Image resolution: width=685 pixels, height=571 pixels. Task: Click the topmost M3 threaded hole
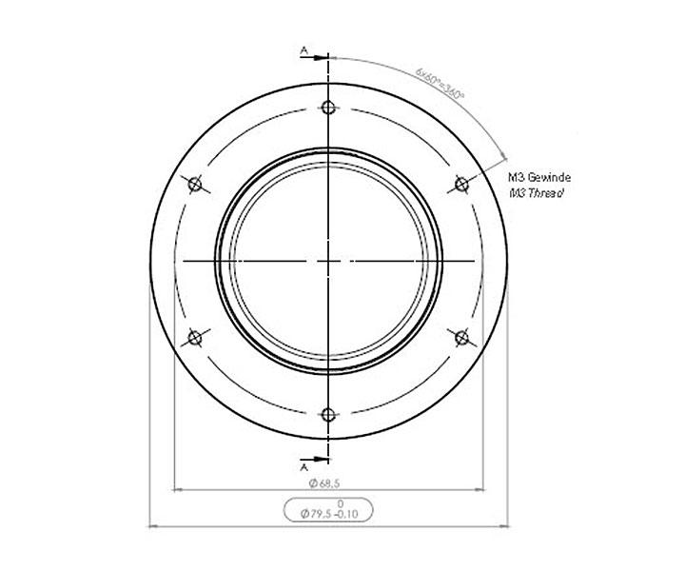point(328,107)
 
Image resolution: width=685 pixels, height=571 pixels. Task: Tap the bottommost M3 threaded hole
point(328,414)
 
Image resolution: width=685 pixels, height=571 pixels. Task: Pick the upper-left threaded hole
point(195,184)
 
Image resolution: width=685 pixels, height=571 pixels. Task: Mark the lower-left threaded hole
point(195,337)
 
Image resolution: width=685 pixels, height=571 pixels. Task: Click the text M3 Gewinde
point(539,177)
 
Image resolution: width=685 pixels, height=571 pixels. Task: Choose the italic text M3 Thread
point(537,192)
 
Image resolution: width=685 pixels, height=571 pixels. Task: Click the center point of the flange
point(328,260)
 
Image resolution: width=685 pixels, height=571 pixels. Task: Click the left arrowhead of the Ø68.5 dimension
point(177,491)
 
